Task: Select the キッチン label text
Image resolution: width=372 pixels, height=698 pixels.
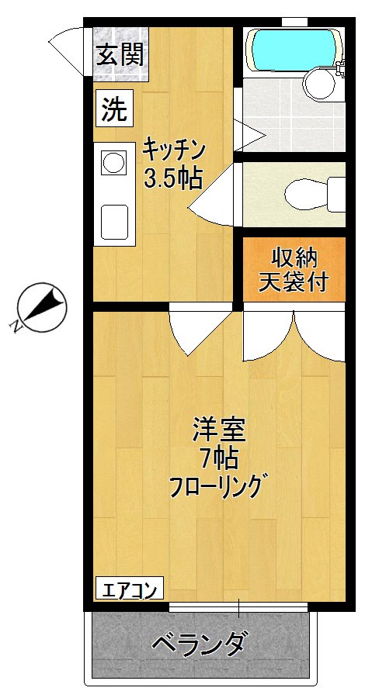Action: [x=173, y=147]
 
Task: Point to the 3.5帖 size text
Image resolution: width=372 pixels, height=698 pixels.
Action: [x=172, y=179]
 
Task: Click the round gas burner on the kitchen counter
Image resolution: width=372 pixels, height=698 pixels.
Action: [x=113, y=164]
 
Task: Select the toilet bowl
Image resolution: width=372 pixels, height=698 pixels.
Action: [x=307, y=192]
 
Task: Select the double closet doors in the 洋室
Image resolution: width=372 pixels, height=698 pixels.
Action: [x=294, y=335]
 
